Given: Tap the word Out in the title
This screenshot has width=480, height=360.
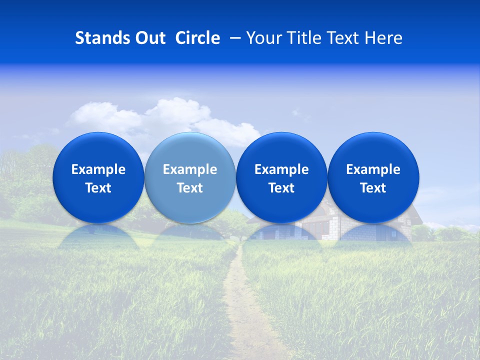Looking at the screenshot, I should pyautogui.click(x=149, y=38).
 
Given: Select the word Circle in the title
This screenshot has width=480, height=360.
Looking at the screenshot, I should pyautogui.click(x=197, y=38).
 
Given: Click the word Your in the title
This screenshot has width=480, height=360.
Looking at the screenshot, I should pyautogui.click(x=263, y=38).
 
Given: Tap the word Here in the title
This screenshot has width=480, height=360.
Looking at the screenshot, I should pyautogui.click(x=382, y=38).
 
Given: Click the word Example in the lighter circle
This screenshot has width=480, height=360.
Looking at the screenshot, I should pyautogui.click(x=190, y=169).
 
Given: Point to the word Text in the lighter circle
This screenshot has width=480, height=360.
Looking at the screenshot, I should pyautogui.click(x=190, y=188).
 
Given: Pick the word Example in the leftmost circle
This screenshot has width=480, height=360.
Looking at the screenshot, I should pyautogui.click(x=98, y=169).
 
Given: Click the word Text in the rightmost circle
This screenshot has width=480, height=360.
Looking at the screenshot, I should pyautogui.click(x=373, y=188).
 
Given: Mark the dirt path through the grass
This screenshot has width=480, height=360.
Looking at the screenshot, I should pyautogui.click(x=245, y=305).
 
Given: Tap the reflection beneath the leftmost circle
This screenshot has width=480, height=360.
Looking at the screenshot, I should pyautogui.click(x=98, y=235).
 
